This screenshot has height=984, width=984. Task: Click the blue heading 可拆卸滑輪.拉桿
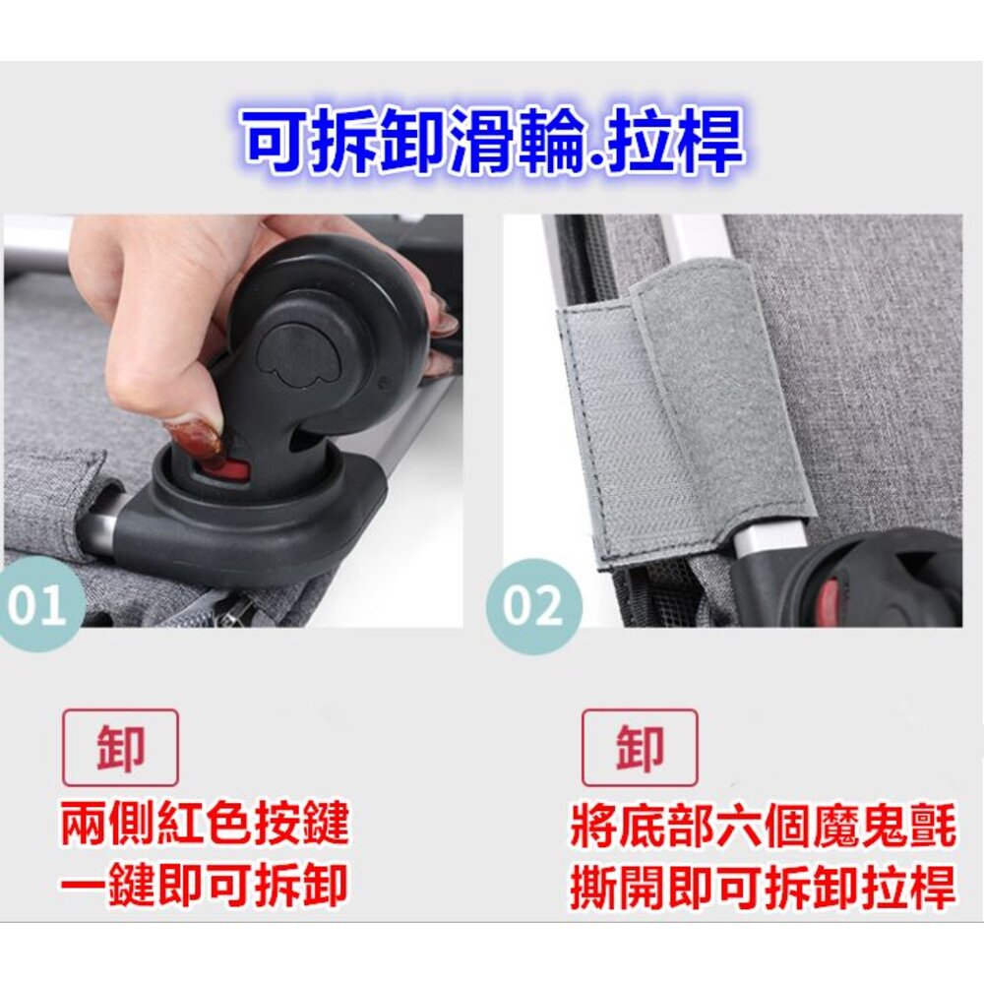(494, 140)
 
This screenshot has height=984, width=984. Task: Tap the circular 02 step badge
(533, 605)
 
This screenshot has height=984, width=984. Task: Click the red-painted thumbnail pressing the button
(195, 440)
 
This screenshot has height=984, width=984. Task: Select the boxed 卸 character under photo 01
(120, 748)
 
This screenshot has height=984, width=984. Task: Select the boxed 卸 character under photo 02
(640, 748)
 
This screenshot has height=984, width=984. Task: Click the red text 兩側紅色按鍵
(205, 822)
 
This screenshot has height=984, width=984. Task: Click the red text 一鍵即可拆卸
(205, 885)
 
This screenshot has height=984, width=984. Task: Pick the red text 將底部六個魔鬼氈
(764, 827)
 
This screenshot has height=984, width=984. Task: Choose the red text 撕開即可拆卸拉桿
(764, 888)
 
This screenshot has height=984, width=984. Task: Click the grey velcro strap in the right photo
(684, 408)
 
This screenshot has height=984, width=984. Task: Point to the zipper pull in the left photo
(233, 612)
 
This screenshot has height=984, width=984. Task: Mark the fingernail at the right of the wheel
(445, 322)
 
